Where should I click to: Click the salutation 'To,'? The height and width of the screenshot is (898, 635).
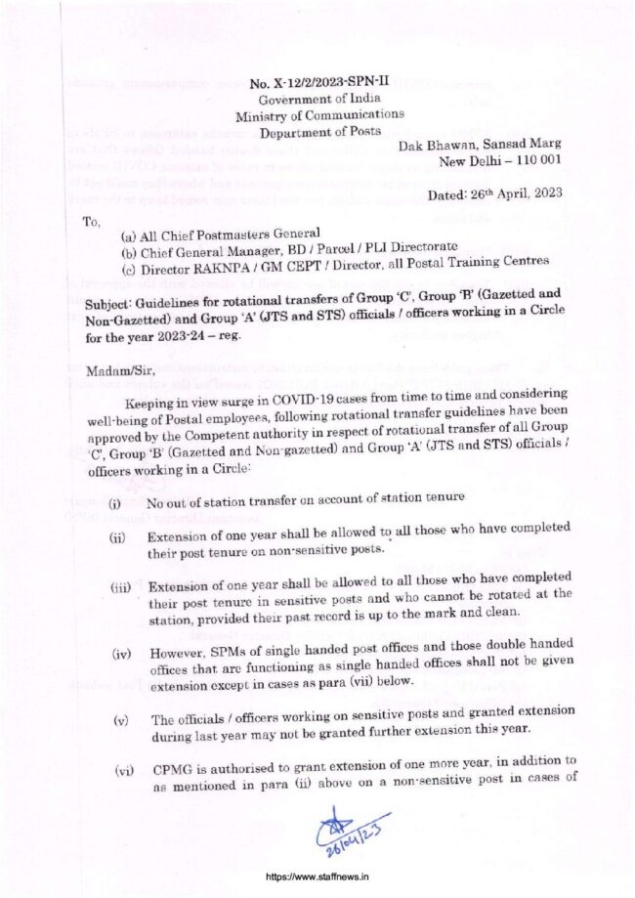point(92,221)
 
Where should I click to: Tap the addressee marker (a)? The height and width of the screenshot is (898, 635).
point(128,235)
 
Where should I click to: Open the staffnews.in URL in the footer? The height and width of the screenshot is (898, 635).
point(317,877)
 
